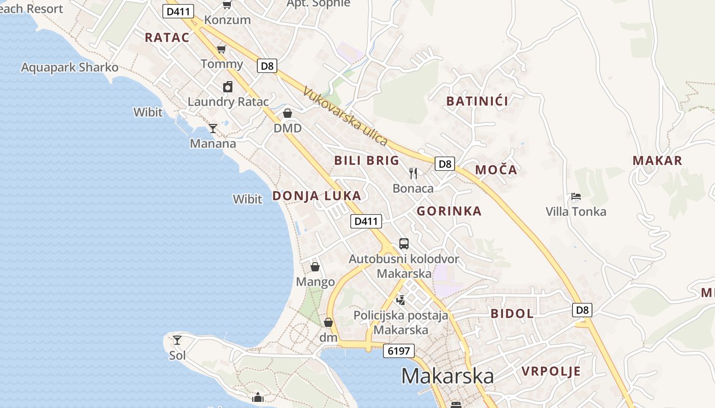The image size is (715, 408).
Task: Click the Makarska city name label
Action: [447, 376]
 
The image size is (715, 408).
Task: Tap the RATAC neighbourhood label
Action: [167, 37]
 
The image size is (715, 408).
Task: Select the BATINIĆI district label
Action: [477, 101]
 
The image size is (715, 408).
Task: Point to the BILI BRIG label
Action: [367, 161]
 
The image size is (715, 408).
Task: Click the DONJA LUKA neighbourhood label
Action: [317, 196]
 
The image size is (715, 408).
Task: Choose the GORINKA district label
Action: [449, 211]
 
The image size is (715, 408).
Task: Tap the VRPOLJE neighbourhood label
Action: [551, 371]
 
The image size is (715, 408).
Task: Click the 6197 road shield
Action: [398, 351]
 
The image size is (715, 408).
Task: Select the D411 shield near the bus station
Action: [366, 221]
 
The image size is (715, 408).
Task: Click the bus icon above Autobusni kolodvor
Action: [404, 243]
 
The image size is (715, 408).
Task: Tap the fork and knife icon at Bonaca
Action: [413, 173]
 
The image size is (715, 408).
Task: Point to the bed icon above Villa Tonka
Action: [576, 196]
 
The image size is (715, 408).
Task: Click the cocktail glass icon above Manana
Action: [213, 129]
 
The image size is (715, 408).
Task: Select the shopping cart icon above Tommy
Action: [221, 49]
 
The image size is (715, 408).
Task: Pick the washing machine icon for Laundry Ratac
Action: [228, 87]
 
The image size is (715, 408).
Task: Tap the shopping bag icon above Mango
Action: [315, 267]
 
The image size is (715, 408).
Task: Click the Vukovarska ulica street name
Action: [345, 116]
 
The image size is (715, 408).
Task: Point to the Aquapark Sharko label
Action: [69, 67]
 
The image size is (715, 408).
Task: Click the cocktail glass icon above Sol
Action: [177, 340]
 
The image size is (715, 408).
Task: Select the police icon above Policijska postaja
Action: [401, 300]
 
